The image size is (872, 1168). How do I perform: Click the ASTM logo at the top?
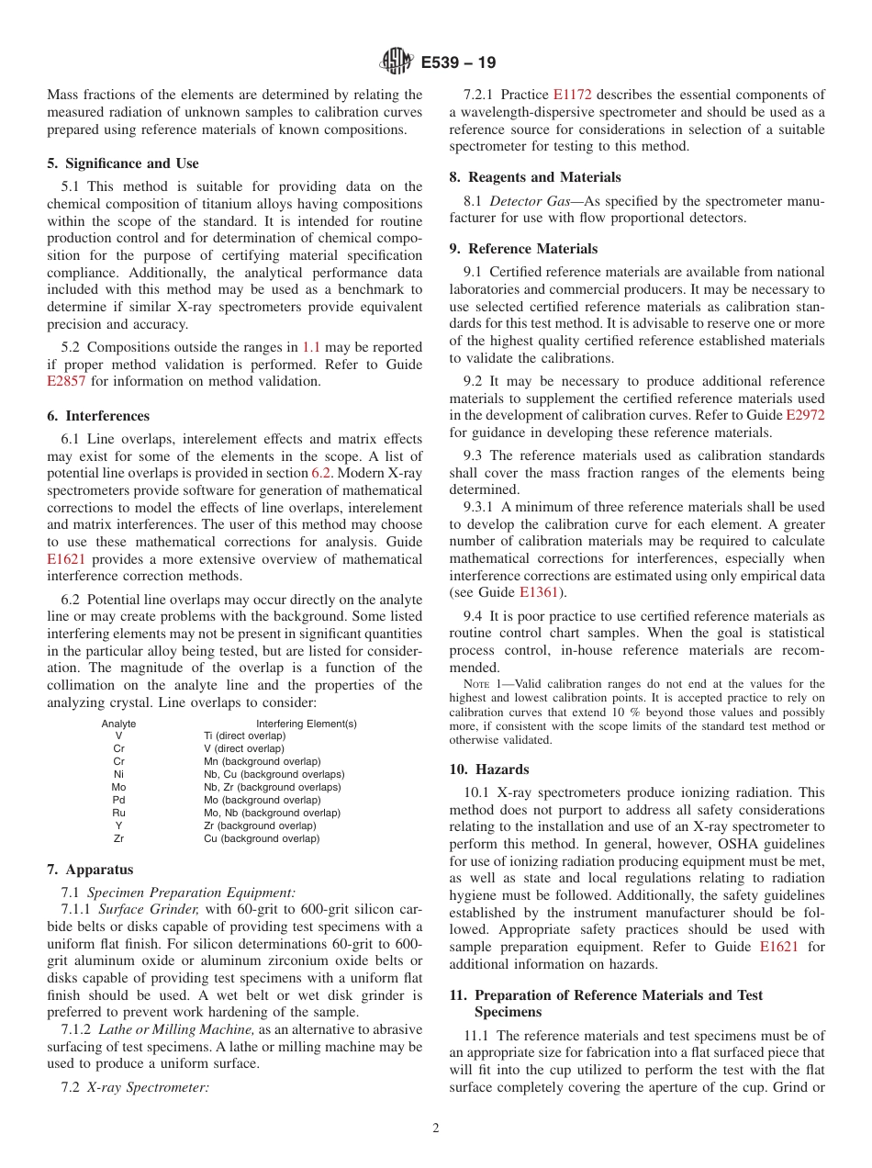click(x=397, y=62)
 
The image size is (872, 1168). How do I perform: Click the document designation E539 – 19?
click(x=458, y=63)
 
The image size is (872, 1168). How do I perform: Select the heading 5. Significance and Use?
click(x=123, y=163)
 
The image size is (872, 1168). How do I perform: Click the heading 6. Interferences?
click(x=98, y=416)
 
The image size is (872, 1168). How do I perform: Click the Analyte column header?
click(x=118, y=724)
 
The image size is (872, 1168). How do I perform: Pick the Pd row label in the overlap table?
click(x=118, y=800)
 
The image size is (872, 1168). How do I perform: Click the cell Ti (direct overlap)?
click(x=244, y=736)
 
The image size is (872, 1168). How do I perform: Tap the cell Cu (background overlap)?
click(x=262, y=838)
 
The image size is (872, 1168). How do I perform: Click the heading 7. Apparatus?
click(x=90, y=870)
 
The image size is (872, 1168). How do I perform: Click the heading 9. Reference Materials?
click(x=523, y=249)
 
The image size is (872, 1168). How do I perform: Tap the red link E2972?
click(x=805, y=415)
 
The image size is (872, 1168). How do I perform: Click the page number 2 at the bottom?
click(x=436, y=1129)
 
